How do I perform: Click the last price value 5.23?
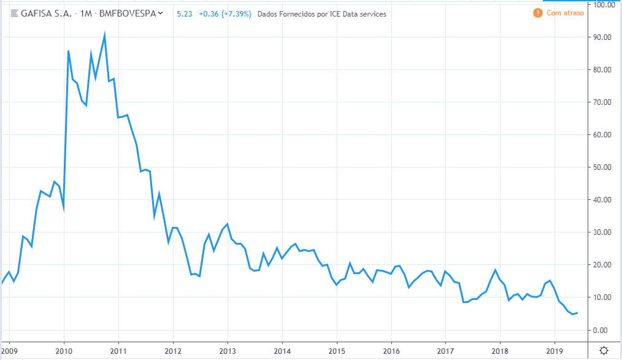[x=183, y=13]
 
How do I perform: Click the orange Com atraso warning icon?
[x=538, y=13]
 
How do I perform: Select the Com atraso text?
[x=563, y=13]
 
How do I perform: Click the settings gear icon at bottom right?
[x=604, y=351]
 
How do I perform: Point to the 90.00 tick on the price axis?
[x=604, y=37]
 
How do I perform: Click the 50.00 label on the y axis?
[x=604, y=167]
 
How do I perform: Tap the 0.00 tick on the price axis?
[x=605, y=330]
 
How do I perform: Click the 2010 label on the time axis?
[x=64, y=351]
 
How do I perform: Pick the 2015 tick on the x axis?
[x=336, y=351]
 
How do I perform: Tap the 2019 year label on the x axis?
[x=554, y=351]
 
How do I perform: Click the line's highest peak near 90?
[x=105, y=35]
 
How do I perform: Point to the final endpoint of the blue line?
[x=577, y=313]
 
